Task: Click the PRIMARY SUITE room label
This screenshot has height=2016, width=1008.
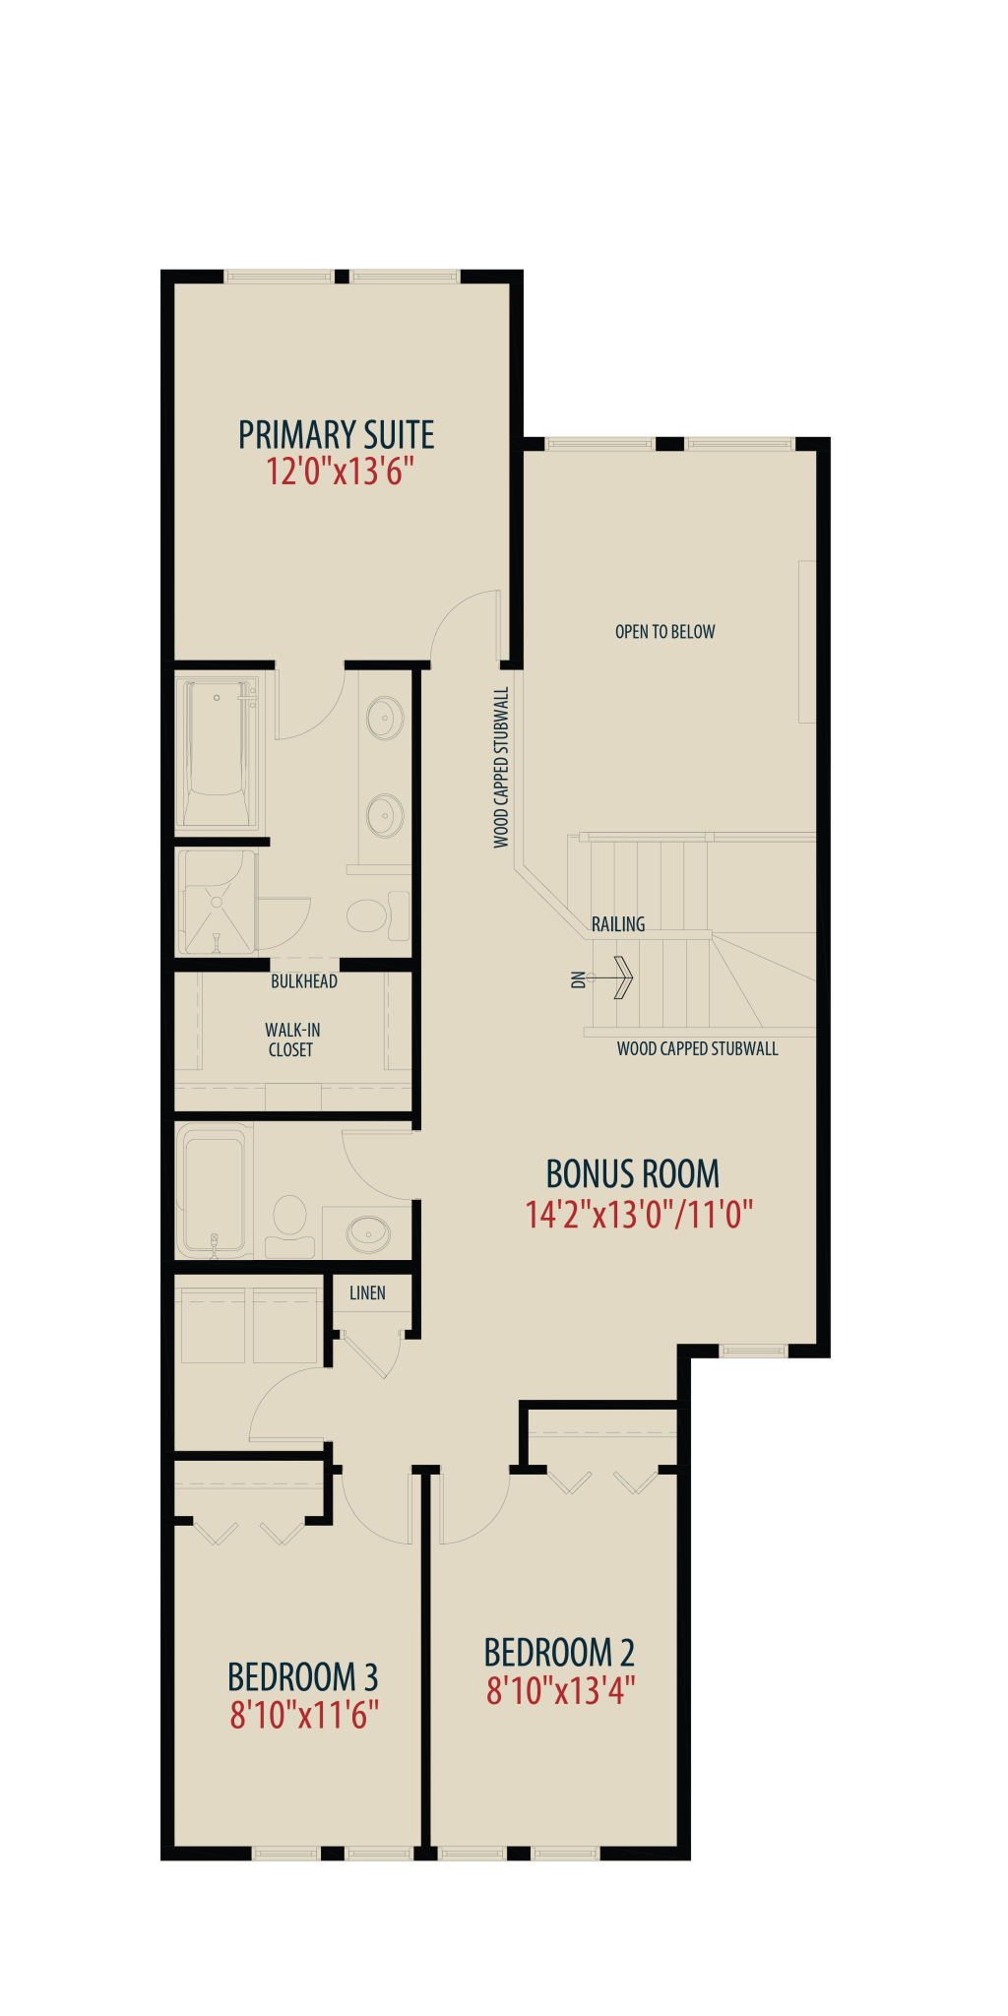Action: click(x=337, y=434)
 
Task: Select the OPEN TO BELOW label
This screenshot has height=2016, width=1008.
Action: click(x=665, y=632)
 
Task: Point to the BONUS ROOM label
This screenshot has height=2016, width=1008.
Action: click(x=633, y=1174)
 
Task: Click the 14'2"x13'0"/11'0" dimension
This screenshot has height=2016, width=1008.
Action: click(x=639, y=1215)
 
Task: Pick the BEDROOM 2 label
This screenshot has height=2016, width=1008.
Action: click(x=559, y=1653)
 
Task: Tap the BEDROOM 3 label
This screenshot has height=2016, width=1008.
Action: click(x=303, y=1677)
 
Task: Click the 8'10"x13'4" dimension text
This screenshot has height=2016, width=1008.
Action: click(x=561, y=1691)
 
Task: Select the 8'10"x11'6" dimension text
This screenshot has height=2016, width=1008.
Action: click(x=305, y=1716)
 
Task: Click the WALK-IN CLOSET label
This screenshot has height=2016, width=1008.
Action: click(x=291, y=1039)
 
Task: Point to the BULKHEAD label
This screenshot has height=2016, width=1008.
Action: click(x=304, y=981)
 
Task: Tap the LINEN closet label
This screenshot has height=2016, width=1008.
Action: click(x=367, y=1293)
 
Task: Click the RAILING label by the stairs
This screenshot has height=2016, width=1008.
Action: click(x=618, y=924)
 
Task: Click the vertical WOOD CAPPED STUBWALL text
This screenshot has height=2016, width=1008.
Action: click(x=502, y=768)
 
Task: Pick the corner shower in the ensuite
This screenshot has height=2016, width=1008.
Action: click(x=217, y=903)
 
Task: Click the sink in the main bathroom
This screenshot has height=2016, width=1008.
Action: click(x=368, y=1231)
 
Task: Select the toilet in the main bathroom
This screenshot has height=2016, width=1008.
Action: click(x=289, y=1227)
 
